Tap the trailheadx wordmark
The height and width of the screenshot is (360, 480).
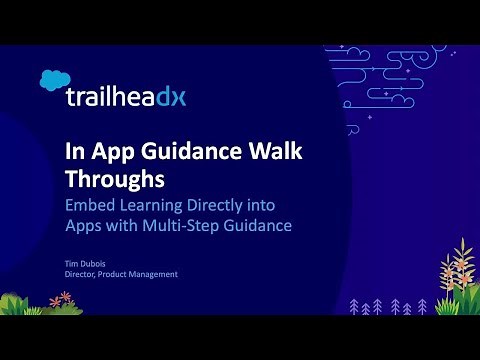(x=126, y=97)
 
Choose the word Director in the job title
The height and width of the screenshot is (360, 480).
(x=82, y=275)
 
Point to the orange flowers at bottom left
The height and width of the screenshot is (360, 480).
(x=62, y=299)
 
